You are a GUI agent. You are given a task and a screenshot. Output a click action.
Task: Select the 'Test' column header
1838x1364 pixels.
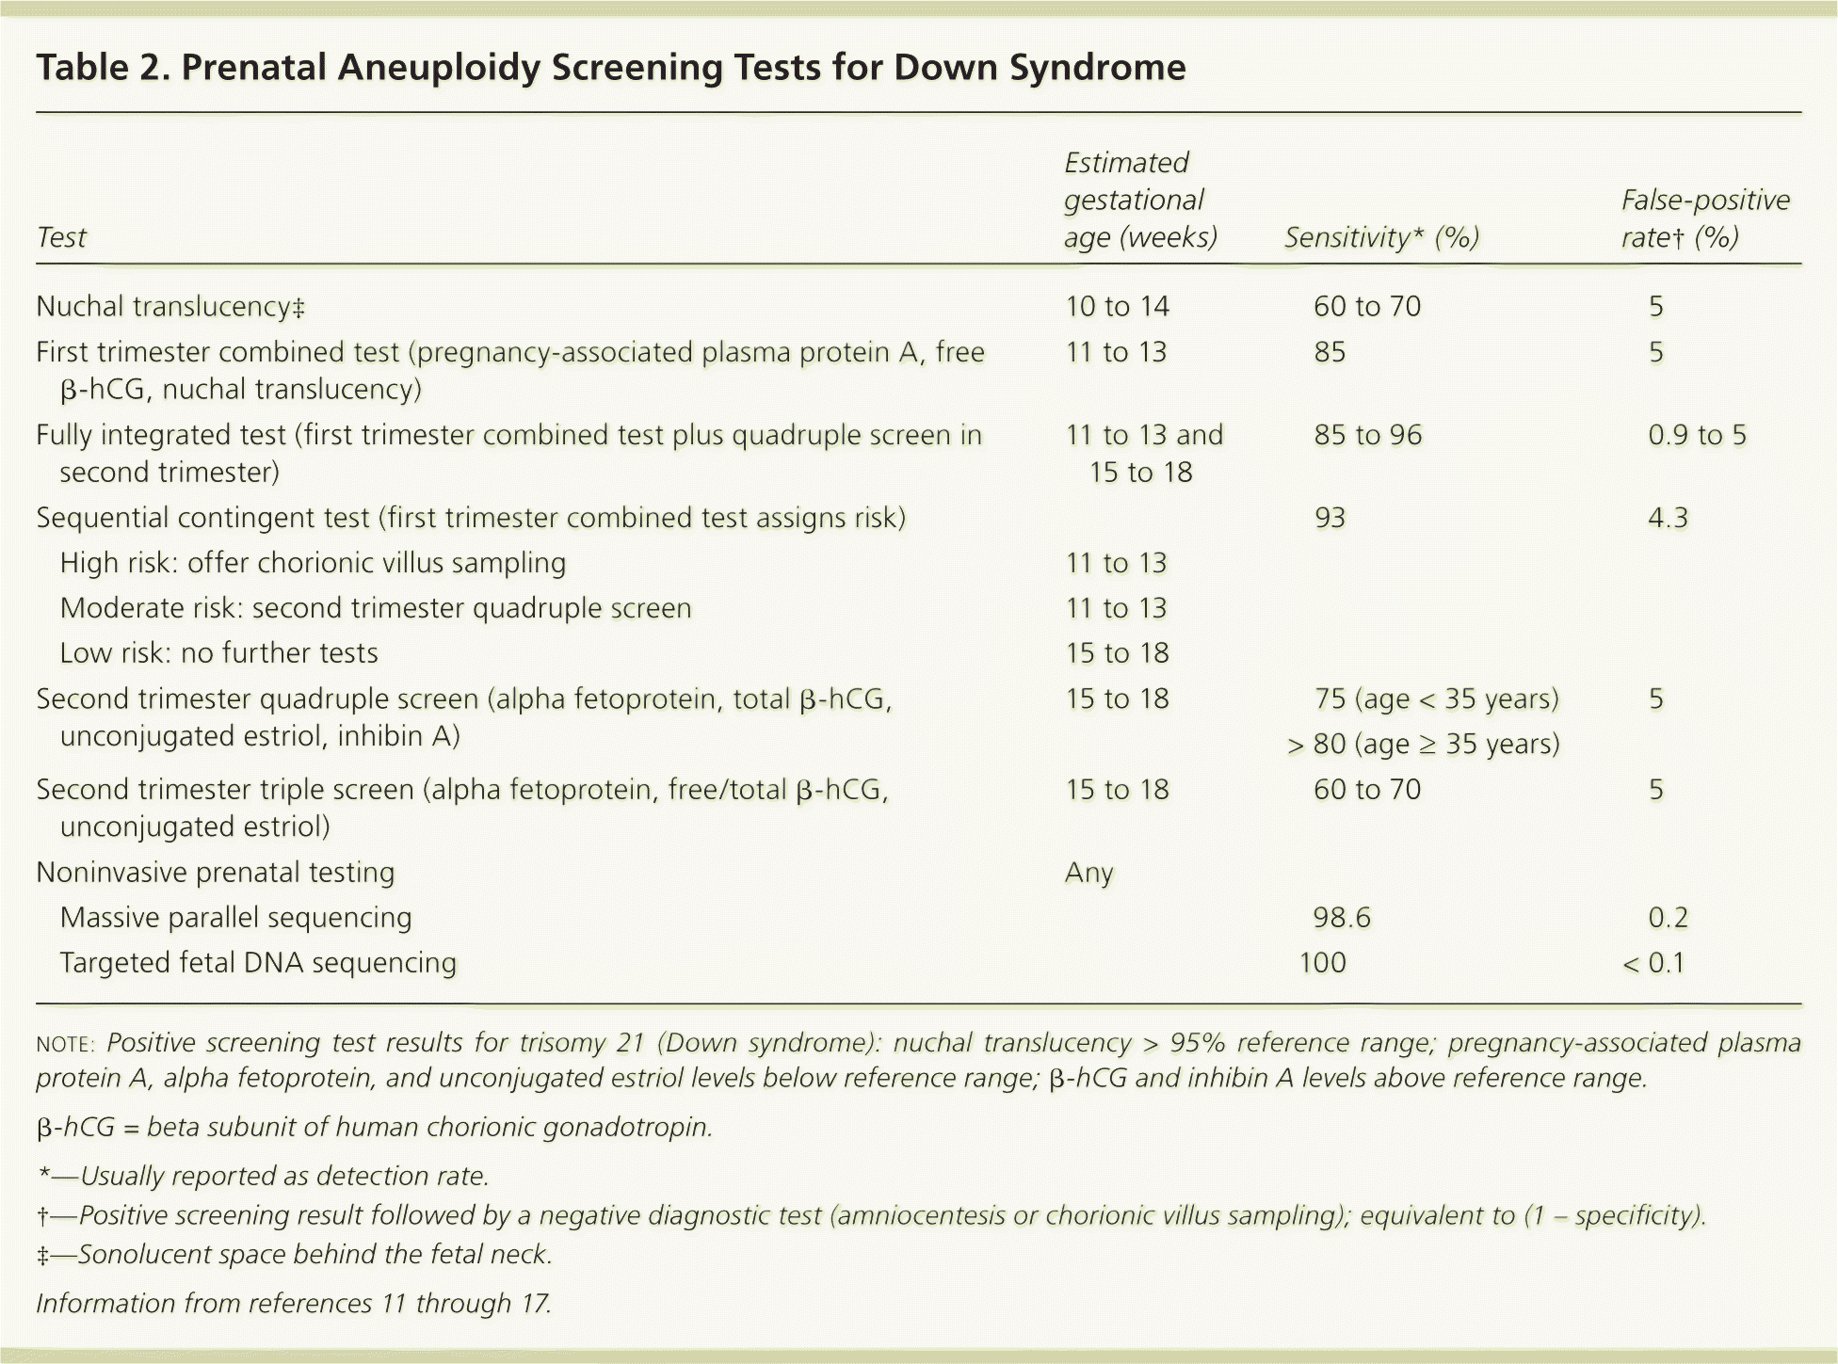(61, 237)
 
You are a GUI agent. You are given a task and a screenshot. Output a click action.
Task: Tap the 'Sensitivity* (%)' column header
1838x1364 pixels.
(1381, 237)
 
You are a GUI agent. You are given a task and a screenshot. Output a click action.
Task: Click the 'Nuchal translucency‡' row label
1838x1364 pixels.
(170, 307)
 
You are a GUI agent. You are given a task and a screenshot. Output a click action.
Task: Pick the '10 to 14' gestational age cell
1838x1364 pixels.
(1117, 307)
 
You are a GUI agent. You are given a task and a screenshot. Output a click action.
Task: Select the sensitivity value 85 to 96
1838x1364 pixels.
(1367, 435)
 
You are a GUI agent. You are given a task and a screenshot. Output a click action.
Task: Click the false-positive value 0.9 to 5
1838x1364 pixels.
(1697, 435)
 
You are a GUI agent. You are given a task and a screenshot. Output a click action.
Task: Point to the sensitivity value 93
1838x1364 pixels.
(1330, 518)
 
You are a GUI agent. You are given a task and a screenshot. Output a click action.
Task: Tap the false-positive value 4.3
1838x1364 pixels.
(1668, 518)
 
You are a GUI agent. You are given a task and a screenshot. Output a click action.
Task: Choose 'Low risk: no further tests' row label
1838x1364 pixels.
(218, 653)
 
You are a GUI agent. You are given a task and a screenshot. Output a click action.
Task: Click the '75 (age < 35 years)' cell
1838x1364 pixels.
(1436, 699)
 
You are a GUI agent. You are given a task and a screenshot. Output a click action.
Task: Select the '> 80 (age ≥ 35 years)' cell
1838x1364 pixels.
(1423, 745)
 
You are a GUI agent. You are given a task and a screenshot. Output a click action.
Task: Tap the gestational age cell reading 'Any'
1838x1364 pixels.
(1088, 873)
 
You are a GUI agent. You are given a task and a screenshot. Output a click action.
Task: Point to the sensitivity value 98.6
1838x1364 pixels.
(1342, 918)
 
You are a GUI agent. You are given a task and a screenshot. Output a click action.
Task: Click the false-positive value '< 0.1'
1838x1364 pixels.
(1653, 963)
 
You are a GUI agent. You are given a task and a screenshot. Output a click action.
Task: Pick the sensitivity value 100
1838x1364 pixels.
(1322, 963)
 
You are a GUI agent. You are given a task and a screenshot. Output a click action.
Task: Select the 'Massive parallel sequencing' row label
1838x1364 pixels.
(235, 918)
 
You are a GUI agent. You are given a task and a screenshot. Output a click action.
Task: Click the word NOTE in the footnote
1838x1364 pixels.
(64, 1044)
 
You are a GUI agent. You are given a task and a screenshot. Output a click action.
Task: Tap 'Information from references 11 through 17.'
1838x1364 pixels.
(294, 1304)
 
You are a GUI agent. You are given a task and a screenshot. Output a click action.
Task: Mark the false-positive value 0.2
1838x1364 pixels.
(1668, 918)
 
